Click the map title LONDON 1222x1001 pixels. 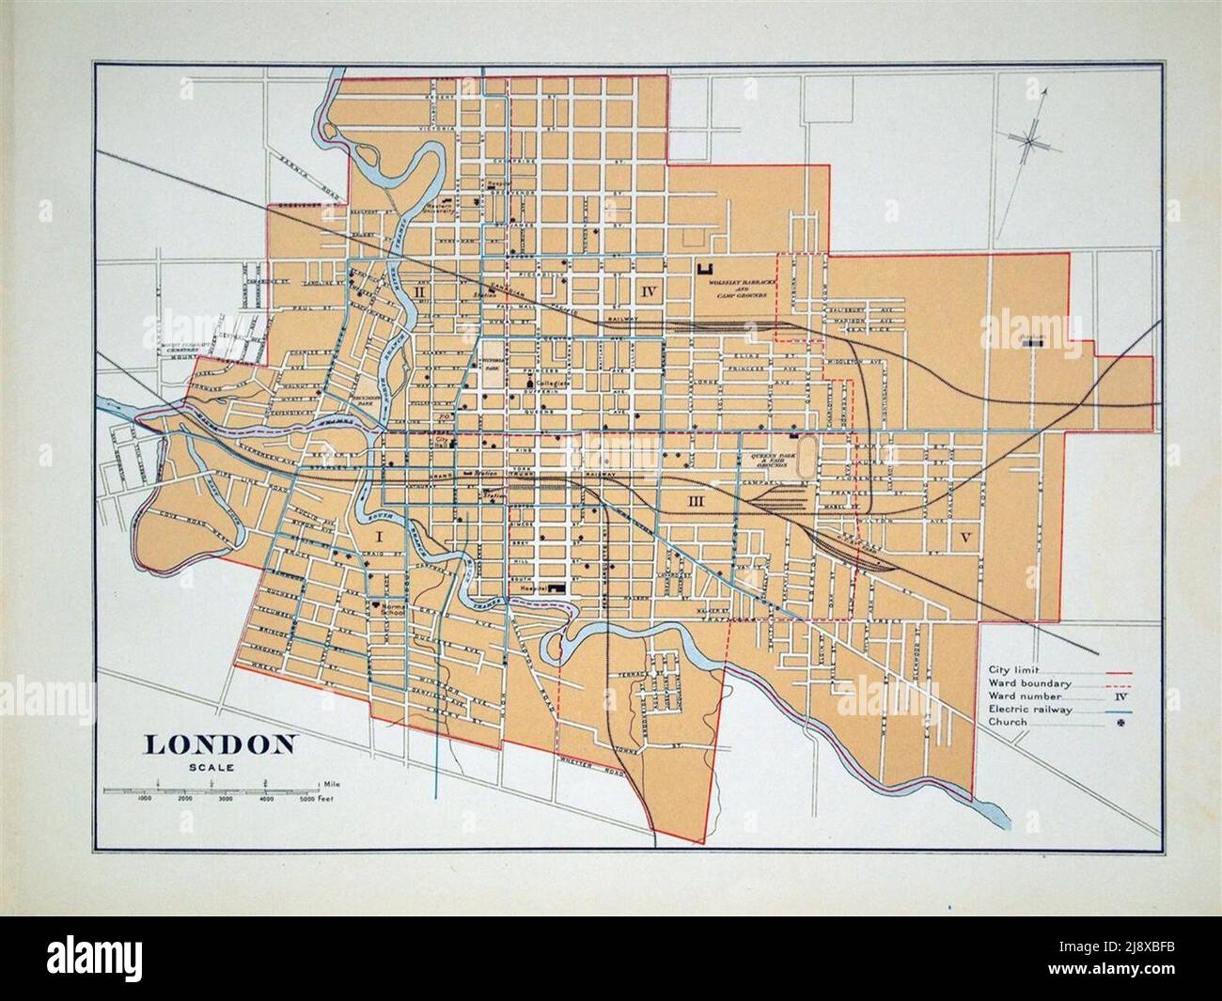click(220, 744)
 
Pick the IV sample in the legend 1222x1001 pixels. click(1120, 696)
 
